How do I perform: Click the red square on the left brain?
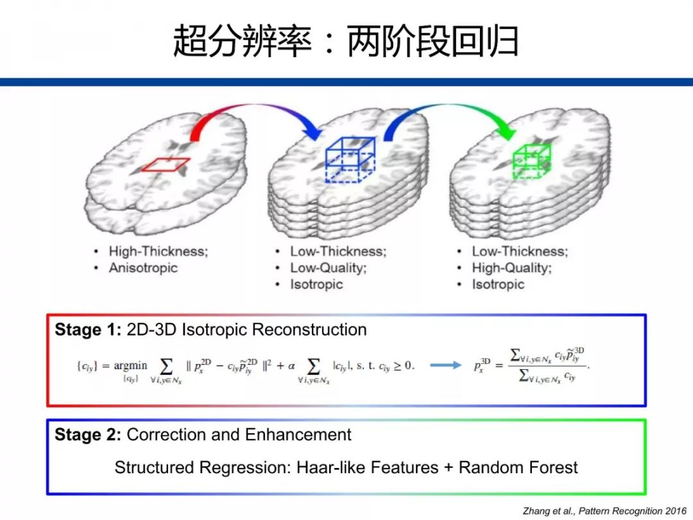point(166,165)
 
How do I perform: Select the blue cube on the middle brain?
point(350,160)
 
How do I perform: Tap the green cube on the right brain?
point(531,160)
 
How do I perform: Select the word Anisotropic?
point(142,268)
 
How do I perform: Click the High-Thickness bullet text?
point(158,252)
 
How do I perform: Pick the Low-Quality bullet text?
point(328,268)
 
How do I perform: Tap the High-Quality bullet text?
point(511,268)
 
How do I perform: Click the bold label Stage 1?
point(88,330)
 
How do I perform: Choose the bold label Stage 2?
point(88,435)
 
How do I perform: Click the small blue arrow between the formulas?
point(445,365)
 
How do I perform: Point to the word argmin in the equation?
point(130,365)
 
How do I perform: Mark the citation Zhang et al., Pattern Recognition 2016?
point(604,510)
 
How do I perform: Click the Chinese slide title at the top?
point(346,42)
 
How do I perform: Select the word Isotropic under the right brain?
point(498,284)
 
